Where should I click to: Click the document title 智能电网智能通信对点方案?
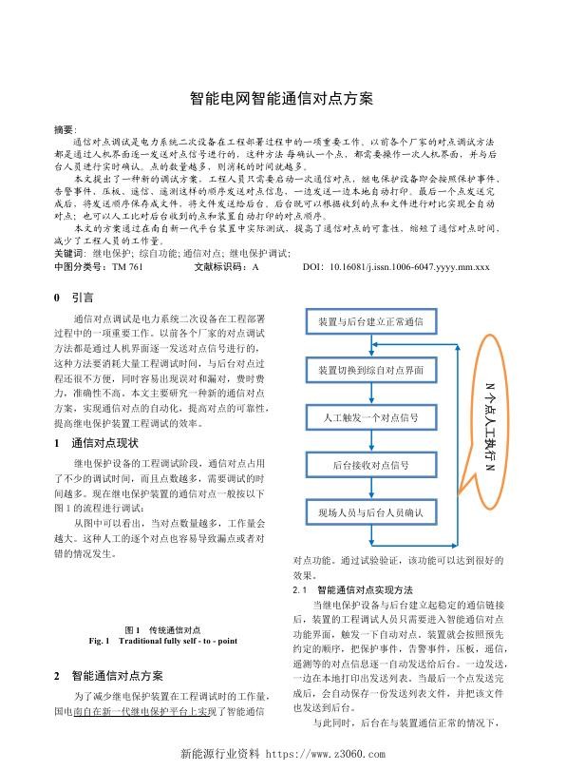(282, 98)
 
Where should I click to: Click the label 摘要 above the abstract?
(64, 127)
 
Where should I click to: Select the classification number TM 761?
(127, 267)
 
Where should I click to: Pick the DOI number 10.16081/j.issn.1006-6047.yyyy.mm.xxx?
(409, 267)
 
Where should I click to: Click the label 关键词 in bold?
(67, 255)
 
